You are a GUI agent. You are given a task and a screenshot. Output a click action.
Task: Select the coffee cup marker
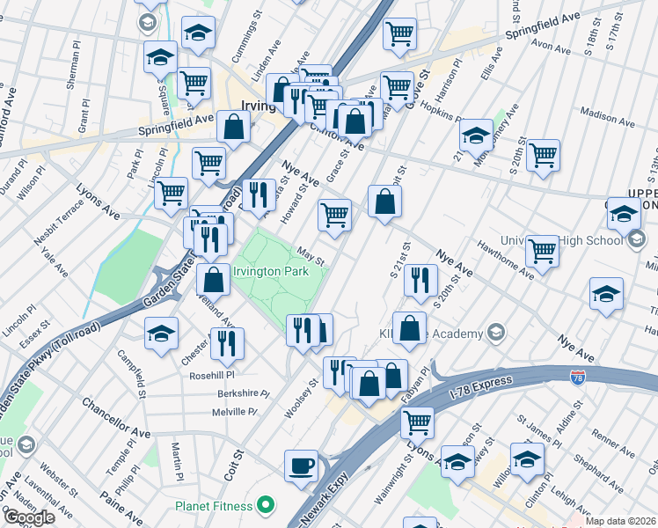pyautogui.click(x=301, y=466)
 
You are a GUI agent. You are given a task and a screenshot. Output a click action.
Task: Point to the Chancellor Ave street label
pyautogui.click(x=115, y=418)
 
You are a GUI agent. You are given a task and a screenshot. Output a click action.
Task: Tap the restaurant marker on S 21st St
pyautogui.click(x=420, y=280)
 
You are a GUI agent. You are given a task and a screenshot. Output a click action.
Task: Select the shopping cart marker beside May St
pyautogui.click(x=334, y=215)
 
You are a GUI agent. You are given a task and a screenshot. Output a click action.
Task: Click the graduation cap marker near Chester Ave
pyautogui.click(x=162, y=334)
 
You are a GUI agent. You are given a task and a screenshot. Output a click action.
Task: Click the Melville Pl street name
pyautogui.click(x=234, y=412)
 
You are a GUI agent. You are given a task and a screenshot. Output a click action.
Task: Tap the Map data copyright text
pyautogui.click(x=620, y=521)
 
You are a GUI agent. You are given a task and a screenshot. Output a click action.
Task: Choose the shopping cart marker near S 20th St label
pyautogui.click(x=543, y=155)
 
